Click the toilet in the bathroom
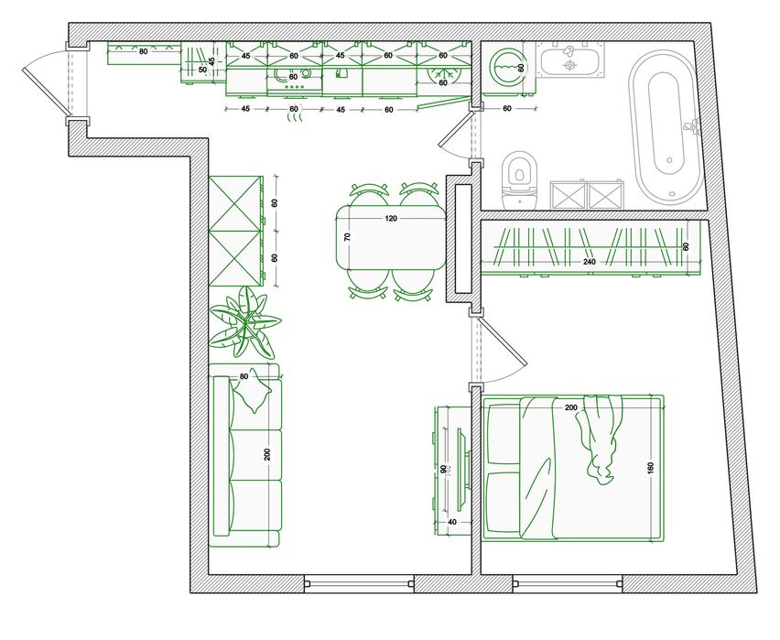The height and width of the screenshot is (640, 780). [x=520, y=180]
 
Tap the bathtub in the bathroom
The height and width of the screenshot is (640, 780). [x=666, y=128]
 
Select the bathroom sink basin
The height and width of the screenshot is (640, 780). [x=569, y=61]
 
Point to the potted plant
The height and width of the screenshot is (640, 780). [x=244, y=322]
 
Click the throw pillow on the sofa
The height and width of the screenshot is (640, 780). [x=254, y=391]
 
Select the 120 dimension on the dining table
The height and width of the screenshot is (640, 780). [x=392, y=218]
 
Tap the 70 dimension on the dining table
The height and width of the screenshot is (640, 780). [x=348, y=237]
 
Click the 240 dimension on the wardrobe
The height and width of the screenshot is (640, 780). [x=589, y=262]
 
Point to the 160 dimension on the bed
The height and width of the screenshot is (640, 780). [x=651, y=468]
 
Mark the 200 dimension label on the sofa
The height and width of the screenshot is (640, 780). [x=267, y=454]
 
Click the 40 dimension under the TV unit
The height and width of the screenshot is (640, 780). [x=452, y=522]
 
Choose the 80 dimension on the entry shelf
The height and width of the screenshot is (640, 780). [x=143, y=51]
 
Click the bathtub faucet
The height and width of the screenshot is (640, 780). [x=691, y=126]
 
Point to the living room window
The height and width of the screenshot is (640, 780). [x=359, y=584]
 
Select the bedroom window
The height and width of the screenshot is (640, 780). [x=568, y=584]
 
